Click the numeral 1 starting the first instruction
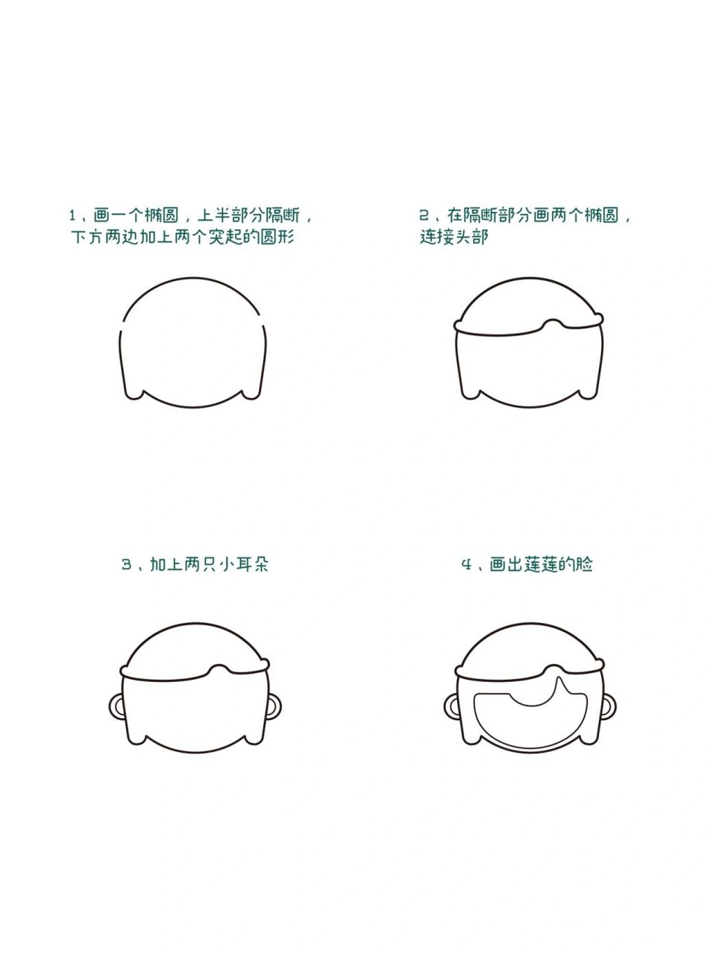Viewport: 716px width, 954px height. click(73, 216)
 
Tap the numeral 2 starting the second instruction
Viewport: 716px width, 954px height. click(424, 216)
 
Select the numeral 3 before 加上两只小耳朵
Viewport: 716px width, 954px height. click(127, 564)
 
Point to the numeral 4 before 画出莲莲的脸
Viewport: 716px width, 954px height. click(467, 564)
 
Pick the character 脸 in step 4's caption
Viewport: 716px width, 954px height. click(584, 564)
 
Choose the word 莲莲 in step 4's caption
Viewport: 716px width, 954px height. click(541, 564)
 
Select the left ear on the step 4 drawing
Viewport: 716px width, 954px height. click(450, 705)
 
